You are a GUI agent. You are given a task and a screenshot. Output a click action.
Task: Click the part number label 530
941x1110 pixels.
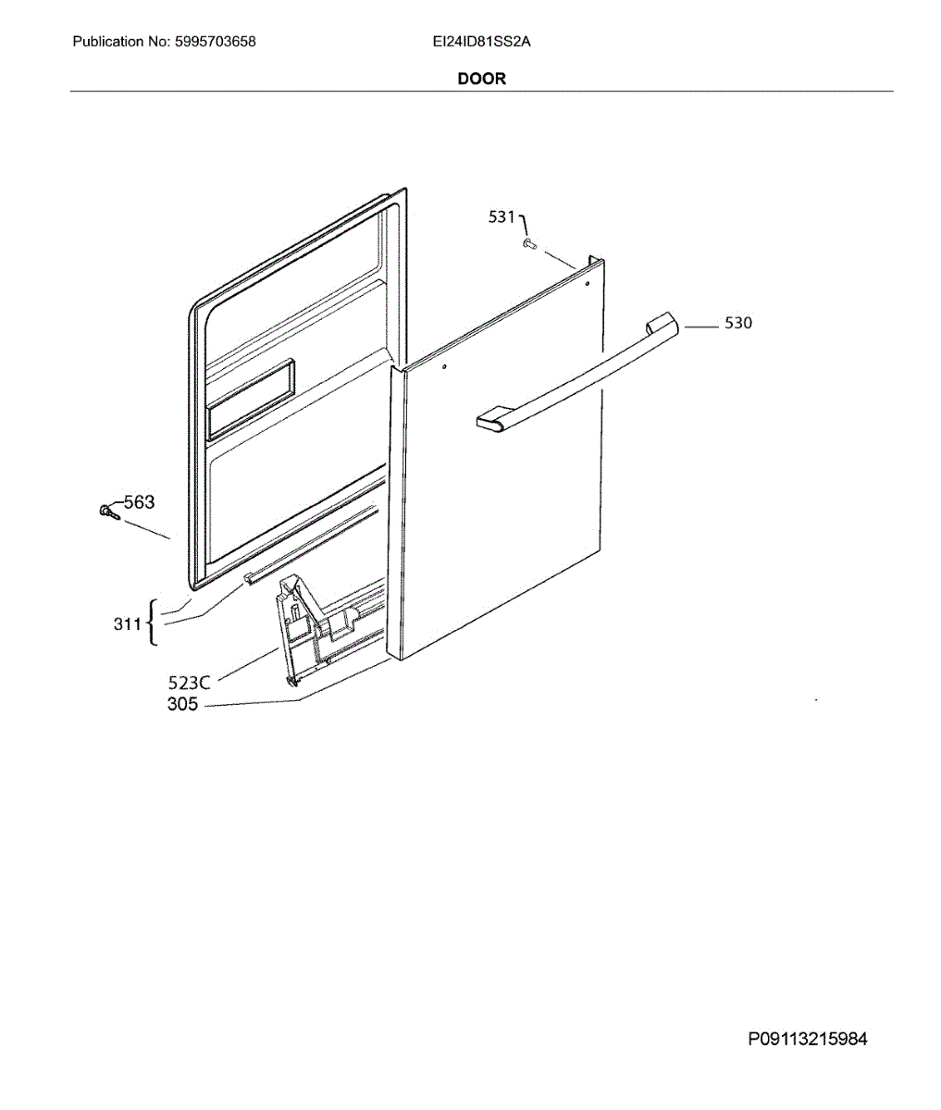(737, 323)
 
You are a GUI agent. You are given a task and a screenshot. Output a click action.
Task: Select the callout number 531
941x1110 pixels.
(501, 216)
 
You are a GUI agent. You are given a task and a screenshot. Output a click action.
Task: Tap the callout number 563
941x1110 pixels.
(139, 502)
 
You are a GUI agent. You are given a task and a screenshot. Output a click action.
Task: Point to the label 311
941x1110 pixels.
(127, 624)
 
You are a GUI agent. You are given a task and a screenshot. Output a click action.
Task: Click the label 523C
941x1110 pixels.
(189, 683)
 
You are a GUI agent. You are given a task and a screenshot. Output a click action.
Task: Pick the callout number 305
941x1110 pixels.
(182, 704)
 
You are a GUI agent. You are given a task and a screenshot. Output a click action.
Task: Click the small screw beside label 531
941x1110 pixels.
(529, 243)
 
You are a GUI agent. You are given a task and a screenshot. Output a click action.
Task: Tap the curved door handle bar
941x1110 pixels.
(574, 370)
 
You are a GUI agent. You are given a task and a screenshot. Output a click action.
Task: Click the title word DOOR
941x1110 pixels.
(481, 79)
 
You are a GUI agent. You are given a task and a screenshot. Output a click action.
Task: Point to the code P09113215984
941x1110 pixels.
(808, 1039)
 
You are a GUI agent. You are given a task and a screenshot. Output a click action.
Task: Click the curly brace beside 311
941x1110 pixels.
(152, 621)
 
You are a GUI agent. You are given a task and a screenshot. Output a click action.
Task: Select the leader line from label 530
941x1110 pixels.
(701, 325)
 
